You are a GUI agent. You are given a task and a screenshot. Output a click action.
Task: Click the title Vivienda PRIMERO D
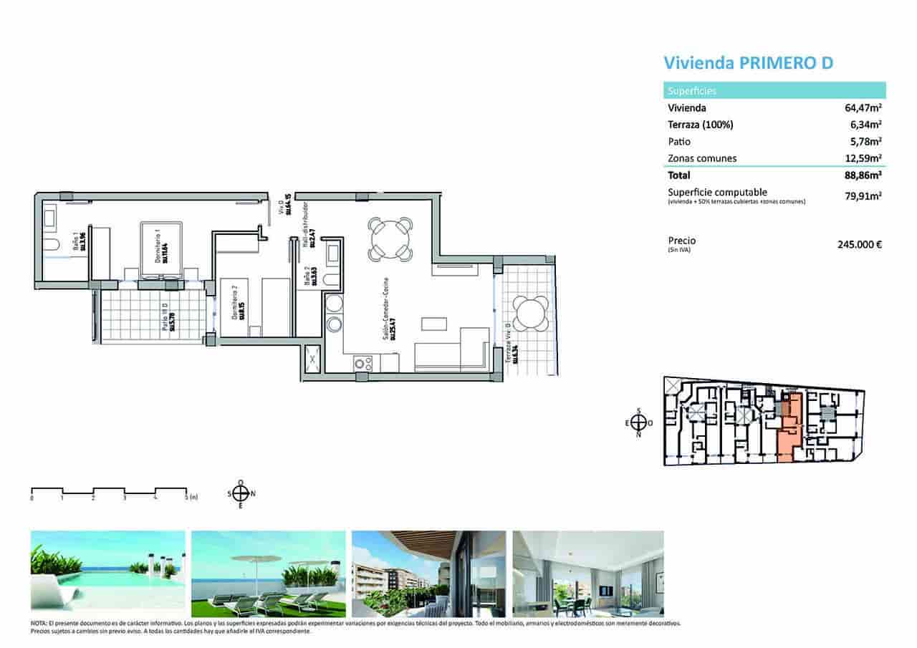(x=749, y=63)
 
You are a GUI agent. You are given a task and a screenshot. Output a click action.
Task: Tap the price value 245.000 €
(x=859, y=244)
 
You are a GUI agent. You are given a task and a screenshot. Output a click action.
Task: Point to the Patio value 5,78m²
(x=866, y=142)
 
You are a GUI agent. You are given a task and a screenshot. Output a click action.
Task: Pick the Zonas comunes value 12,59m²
(x=863, y=158)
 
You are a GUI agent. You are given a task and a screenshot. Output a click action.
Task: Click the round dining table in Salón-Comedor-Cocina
(x=390, y=239)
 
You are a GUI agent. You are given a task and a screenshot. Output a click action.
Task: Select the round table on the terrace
(x=531, y=313)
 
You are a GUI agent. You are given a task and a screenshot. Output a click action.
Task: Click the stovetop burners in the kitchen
(x=363, y=363)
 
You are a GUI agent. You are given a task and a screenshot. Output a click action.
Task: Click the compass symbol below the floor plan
(x=241, y=493)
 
